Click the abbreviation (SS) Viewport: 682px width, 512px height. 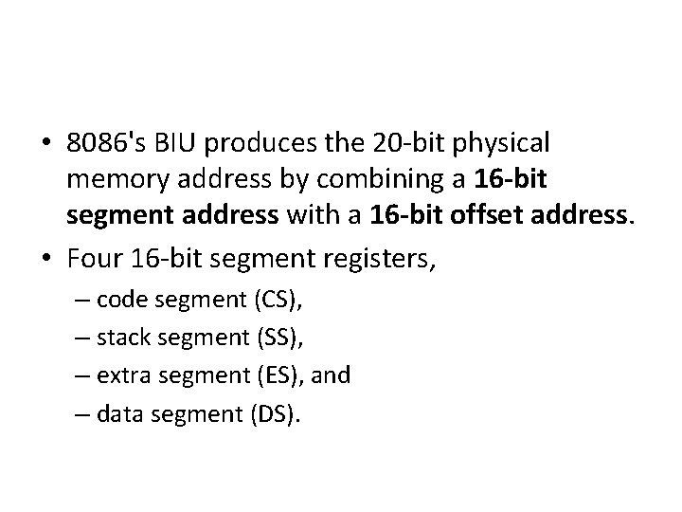pyautogui.click(x=281, y=338)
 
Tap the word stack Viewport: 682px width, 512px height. pyautogui.click(x=121, y=338)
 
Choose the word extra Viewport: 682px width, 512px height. pyautogui.click(x=120, y=376)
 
